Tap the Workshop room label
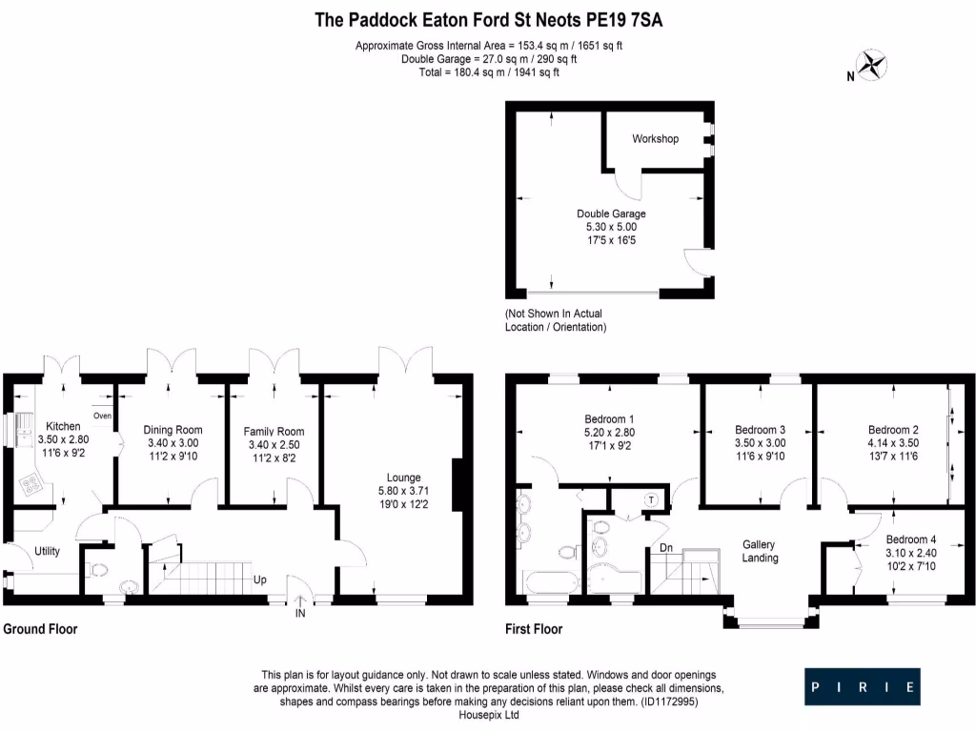655,139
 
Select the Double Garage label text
611,213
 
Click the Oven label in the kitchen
102,416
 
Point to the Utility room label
48,551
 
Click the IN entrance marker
301,615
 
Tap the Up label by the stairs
259,579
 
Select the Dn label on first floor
667,548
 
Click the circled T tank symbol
651,499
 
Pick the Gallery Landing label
761,551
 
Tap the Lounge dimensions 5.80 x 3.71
403,493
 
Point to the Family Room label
274,431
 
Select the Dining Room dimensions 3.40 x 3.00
173,444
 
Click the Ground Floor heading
40,629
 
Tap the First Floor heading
534,629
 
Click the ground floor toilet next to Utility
98,570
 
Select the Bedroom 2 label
893,429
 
